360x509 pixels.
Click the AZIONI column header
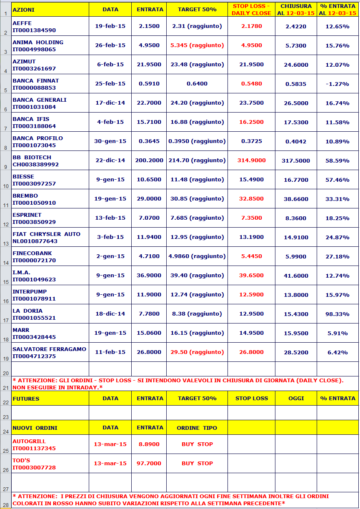pyautogui.click(x=24, y=9)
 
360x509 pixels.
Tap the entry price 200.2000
pyautogui.click(x=149, y=160)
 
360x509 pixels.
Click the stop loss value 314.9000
pyautogui.click(x=251, y=160)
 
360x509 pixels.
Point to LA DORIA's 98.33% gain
pyautogui.click(x=337, y=314)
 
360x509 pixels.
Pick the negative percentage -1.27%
pyautogui.click(x=337, y=84)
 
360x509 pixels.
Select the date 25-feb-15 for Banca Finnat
pyautogui.click(x=110, y=84)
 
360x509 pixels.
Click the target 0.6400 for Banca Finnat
pyautogui.click(x=197, y=84)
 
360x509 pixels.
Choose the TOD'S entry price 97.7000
pyautogui.click(x=149, y=463)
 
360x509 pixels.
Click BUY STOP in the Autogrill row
pyautogui.click(x=197, y=444)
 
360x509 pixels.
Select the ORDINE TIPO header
pyautogui.click(x=197, y=428)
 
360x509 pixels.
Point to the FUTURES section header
pyautogui.click(x=26, y=399)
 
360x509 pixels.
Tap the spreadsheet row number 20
pyautogui.click(x=5, y=373)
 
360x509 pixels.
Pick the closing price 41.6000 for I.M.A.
pyautogui.click(x=296, y=276)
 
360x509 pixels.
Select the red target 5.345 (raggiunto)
pyautogui.click(x=197, y=45)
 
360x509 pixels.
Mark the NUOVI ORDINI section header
pyautogui.click(x=35, y=428)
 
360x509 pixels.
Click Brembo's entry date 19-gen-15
pyautogui.click(x=110, y=199)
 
